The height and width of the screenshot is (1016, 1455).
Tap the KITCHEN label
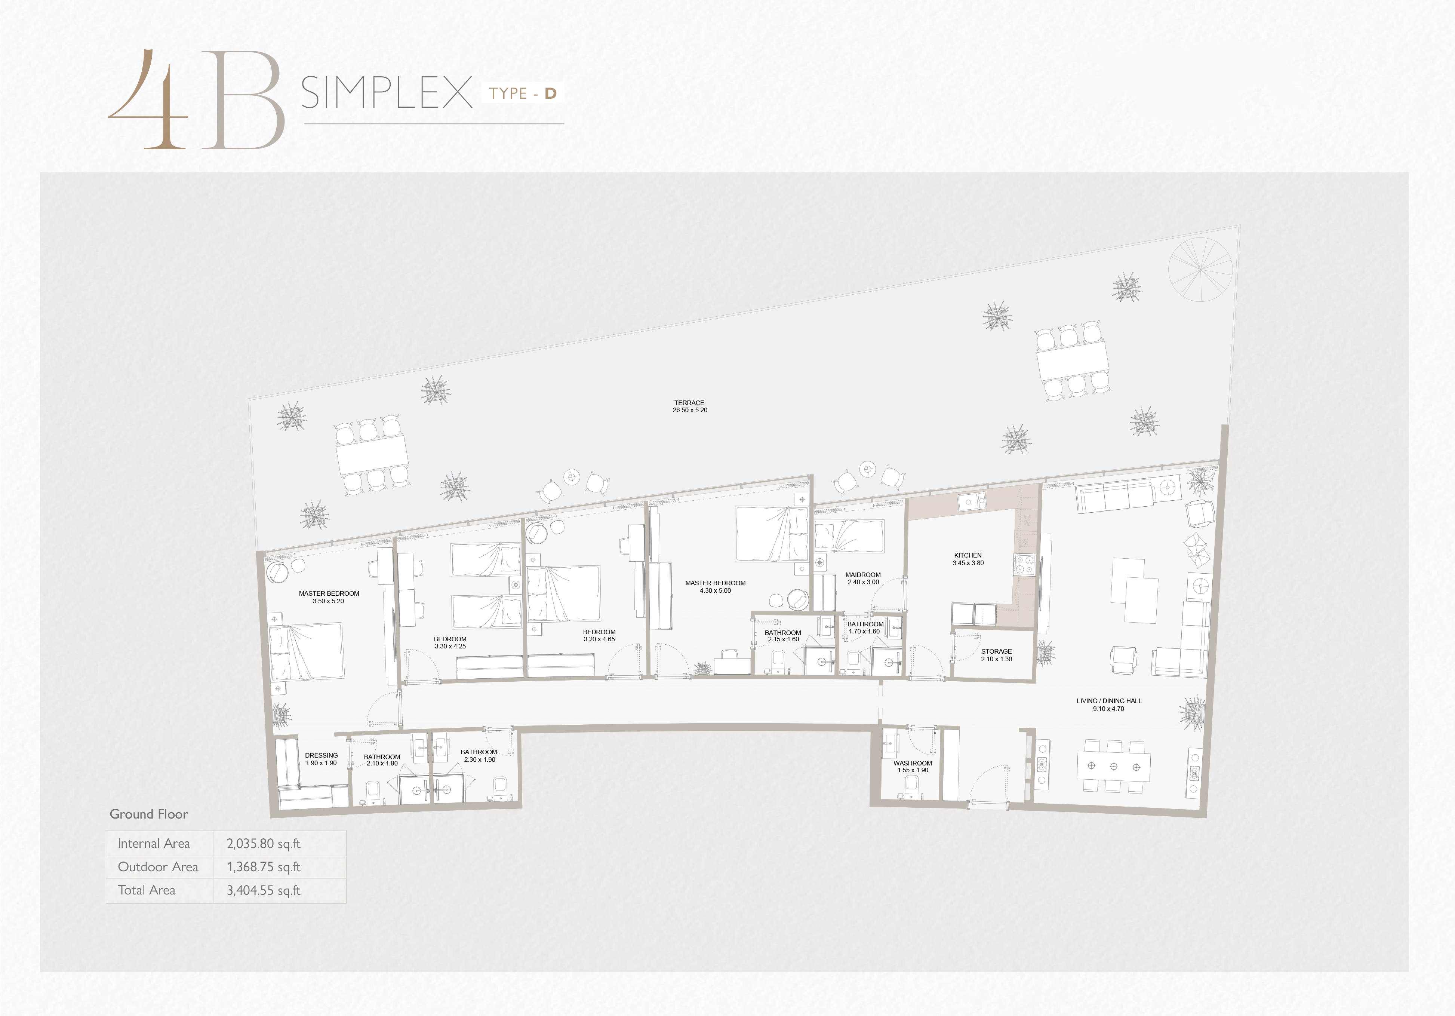(x=968, y=555)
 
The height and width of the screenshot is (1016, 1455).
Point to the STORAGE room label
(x=996, y=651)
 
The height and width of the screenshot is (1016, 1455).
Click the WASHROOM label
(x=913, y=763)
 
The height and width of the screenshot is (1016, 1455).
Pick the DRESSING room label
(x=321, y=755)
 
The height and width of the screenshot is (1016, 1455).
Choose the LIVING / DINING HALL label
(x=1109, y=701)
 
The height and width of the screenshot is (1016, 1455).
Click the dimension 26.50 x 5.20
(x=689, y=410)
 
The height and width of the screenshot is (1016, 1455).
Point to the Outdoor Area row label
(x=158, y=867)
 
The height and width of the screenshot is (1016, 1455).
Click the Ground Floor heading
(x=149, y=814)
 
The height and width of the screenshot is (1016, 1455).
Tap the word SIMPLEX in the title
(x=387, y=92)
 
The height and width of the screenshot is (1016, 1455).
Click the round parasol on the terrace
(x=1200, y=269)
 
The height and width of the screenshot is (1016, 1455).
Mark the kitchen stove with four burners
(x=1024, y=565)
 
